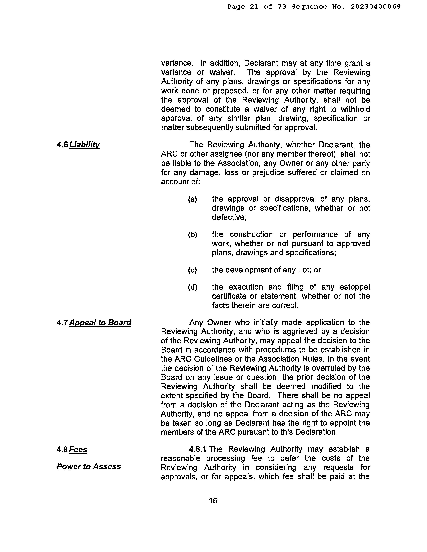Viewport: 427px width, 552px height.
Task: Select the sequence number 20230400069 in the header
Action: click(x=376, y=7)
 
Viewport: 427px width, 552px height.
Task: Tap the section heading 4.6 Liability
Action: click(x=78, y=145)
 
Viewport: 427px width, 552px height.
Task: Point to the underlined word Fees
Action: click(x=78, y=450)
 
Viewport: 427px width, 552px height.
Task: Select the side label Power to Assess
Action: click(x=89, y=466)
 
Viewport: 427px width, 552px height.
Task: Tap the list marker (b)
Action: click(x=192, y=235)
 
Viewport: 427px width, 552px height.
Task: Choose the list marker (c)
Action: click(x=192, y=270)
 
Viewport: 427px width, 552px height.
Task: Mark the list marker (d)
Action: click(x=192, y=287)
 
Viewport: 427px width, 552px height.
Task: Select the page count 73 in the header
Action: click(x=282, y=7)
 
